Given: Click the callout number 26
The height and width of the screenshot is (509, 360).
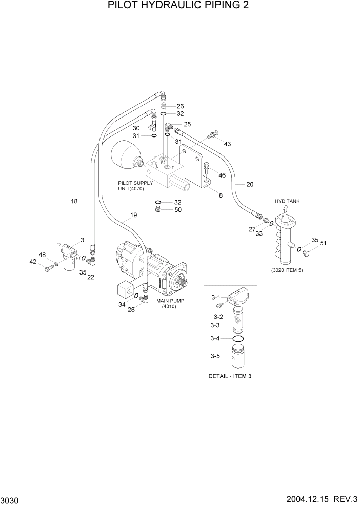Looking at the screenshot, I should tap(180, 106).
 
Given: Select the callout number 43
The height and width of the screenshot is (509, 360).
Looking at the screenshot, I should tap(227, 144).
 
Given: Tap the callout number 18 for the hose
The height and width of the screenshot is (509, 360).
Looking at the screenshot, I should tap(74, 201).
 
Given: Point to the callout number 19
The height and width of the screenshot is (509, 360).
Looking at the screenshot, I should tap(133, 216).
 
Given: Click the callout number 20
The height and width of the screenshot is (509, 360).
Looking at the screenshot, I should tap(250, 184).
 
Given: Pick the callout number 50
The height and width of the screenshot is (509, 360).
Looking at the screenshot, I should tap(178, 209).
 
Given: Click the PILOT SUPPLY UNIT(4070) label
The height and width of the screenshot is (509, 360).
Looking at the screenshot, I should tap(135, 186).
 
